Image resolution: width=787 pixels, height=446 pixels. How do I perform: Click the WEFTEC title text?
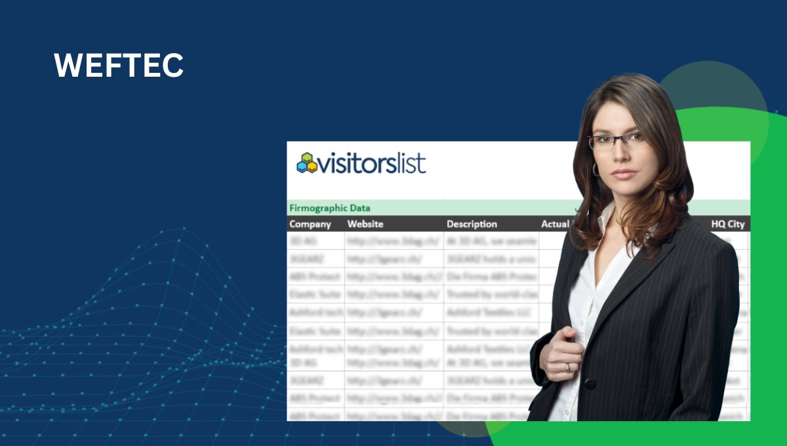point(118,66)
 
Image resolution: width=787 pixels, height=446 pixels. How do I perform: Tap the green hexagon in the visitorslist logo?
point(307,157)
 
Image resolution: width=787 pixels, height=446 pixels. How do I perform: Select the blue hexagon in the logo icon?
point(302,167)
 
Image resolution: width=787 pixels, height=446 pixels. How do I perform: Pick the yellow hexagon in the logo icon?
point(312,167)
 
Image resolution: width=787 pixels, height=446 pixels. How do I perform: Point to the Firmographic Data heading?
point(329,208)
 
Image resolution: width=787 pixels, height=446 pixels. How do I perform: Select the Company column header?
point(310,224)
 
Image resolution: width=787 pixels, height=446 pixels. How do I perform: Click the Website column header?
point(365,224)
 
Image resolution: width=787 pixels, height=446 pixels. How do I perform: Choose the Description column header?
point(472,224)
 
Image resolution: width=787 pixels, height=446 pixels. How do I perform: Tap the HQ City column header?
point(728,224)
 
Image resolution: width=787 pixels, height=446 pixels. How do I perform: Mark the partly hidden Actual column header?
point(554,224)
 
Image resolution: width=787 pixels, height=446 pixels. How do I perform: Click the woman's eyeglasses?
point(616,140)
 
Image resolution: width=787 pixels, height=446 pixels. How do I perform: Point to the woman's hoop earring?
point(595,169)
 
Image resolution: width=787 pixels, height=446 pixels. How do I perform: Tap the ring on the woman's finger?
point(568,367)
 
